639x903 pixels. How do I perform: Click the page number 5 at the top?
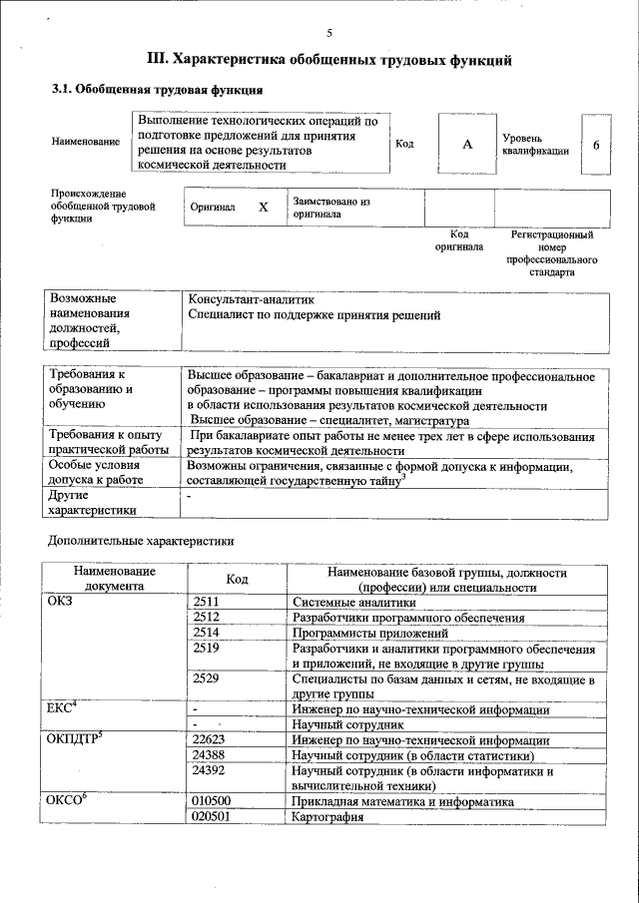[x=328, y=33]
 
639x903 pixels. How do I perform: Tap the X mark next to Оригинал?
[x=264, y=208]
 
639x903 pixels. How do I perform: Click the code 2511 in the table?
[x=207, y=603]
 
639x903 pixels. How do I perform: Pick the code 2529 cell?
[x=207, y=679]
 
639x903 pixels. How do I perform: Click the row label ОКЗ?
[x=61, y=602]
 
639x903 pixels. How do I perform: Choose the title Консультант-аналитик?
[x=251, y=298]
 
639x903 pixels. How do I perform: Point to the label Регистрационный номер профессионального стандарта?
[x=551, y=253]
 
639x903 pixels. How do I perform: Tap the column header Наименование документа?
[x=114, y=579]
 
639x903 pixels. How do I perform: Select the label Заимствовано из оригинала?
[x=331, y=208]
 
